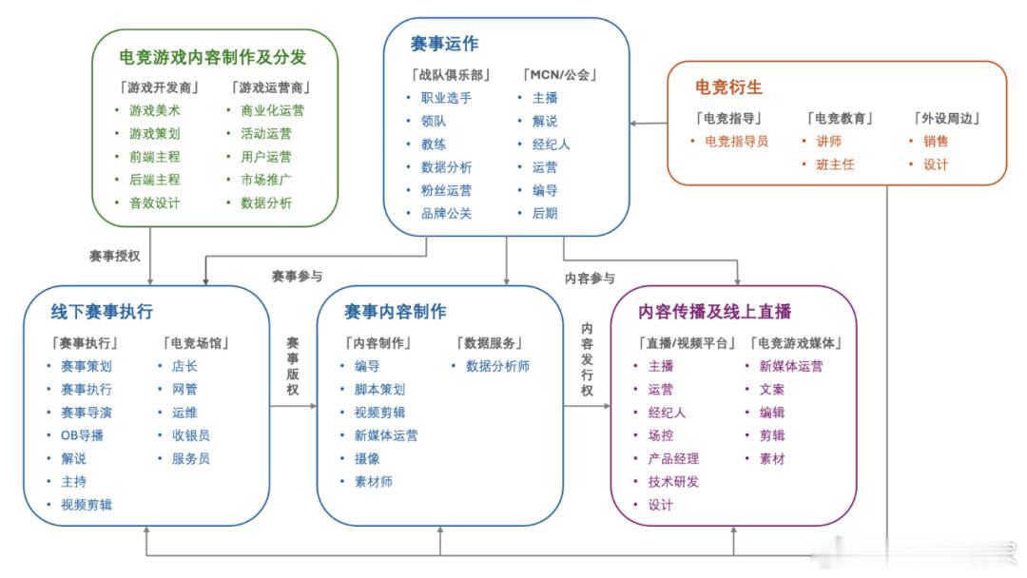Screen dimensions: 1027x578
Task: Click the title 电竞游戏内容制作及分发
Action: [213, 58]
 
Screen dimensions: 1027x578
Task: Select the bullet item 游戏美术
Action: [155, 110]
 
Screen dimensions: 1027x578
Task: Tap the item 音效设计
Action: [155, 202]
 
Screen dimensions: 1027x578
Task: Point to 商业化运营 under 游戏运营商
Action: [273, 110]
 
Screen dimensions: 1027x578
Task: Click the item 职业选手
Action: [446, 98]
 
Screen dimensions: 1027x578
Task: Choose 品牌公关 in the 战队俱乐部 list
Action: [446, 213]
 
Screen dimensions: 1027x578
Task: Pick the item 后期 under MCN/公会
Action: [545, 213]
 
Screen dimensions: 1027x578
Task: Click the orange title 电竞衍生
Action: [728, 87]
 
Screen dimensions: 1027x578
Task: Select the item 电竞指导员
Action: [736, 142]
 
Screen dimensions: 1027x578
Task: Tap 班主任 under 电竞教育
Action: [835, 165]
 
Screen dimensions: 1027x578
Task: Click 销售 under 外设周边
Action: [936, 142]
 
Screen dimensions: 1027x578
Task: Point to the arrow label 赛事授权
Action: [115, 256]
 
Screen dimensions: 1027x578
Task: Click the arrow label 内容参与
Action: [591, 279]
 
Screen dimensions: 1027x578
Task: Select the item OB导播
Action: [82, 435]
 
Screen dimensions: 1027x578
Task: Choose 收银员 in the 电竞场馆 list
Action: [190, 435]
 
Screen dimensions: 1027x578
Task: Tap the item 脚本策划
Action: [379, 390]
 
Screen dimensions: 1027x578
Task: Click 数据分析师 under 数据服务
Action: [497, 367]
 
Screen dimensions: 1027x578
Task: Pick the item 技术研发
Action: [673, 482]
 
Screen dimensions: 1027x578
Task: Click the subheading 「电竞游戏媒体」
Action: [797, 343]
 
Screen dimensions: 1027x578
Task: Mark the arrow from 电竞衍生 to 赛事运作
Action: [649, 123]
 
